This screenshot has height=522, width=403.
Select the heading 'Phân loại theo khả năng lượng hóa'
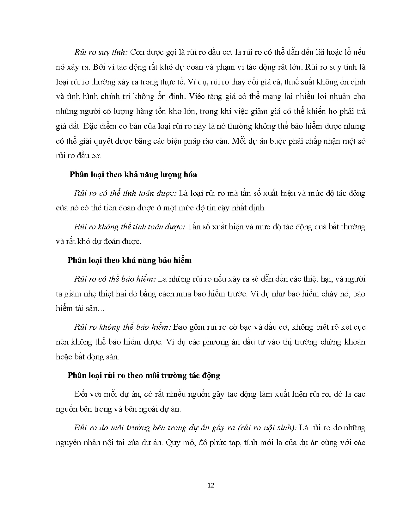(133, 175)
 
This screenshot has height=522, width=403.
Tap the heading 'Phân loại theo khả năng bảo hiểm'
(130, 260)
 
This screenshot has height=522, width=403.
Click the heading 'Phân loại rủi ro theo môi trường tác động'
(144, 375)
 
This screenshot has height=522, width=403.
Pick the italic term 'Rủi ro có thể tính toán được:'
(125, 193)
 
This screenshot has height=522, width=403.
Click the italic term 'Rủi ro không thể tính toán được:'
(130, 227)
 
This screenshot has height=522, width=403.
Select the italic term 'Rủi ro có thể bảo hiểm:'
(115, 279)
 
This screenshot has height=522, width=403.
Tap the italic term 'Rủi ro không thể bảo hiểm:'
(122, 327)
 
